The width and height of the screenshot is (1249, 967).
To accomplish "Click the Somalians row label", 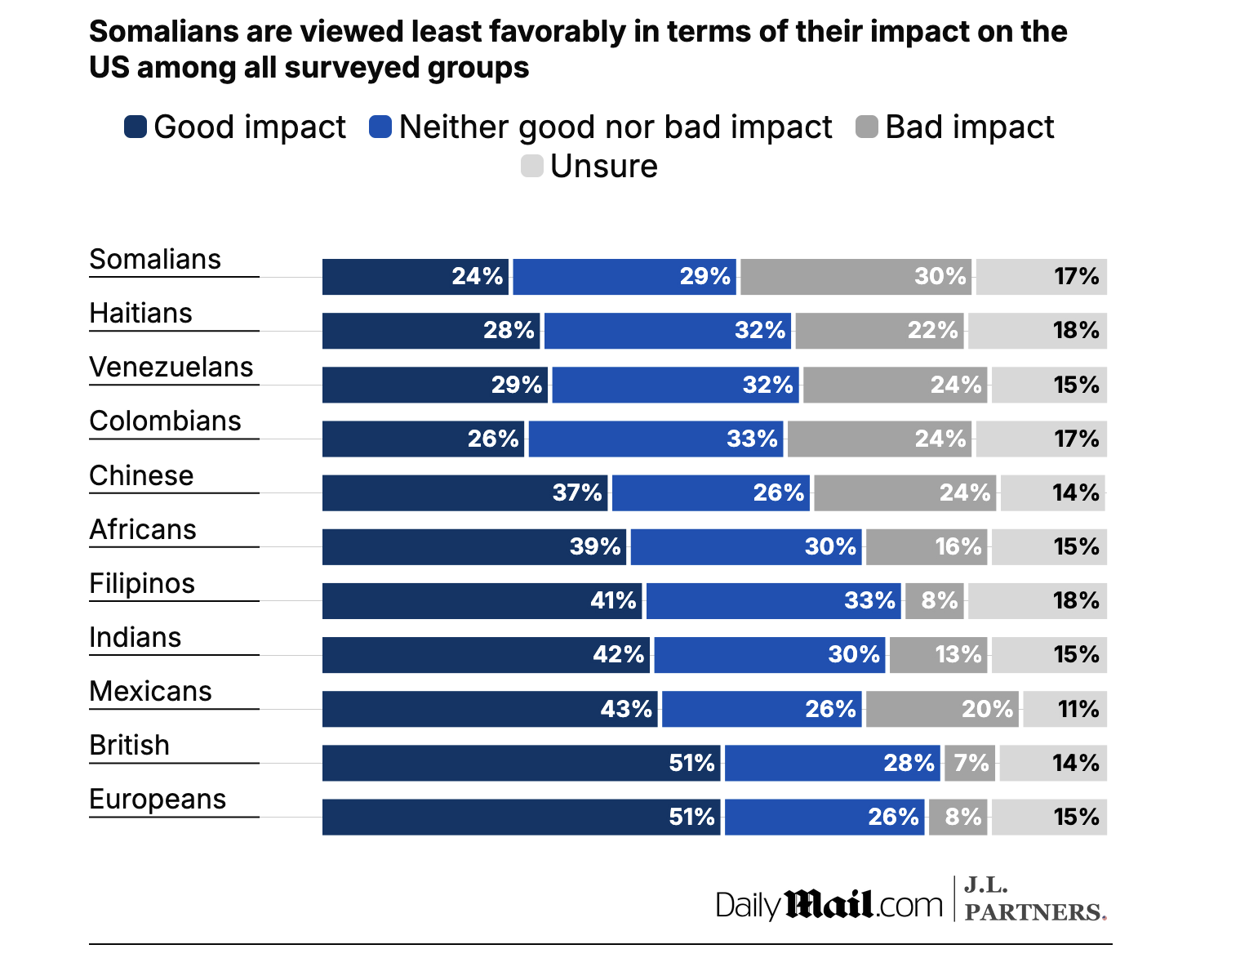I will [155, 260].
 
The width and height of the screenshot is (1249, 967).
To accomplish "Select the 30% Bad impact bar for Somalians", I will [856, 277].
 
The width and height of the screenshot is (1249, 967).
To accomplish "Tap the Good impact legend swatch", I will [136, 127].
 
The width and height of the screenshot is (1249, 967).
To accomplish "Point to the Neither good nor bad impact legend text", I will [616, 127].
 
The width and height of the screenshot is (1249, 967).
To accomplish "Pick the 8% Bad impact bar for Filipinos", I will [935, 601].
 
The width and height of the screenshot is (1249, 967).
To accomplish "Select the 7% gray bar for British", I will [970, 763].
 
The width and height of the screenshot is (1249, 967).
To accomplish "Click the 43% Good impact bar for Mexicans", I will [491, 709].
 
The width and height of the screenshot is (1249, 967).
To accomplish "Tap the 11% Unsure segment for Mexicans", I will [1065, 709].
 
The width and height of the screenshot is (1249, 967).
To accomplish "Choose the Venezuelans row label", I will [171, 368].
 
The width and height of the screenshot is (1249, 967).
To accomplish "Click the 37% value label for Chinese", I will [577, 492].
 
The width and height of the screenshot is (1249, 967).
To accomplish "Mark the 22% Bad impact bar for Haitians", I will [879, 331].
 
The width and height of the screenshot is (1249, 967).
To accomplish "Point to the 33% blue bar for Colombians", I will [656, 439].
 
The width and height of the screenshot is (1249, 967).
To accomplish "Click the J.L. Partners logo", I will [1034, 899].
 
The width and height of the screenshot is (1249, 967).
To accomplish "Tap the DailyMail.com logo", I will [829, 905].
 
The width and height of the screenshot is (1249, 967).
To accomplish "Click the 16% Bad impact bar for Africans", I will [927, 547].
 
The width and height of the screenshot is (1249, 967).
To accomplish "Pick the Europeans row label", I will [158, 800].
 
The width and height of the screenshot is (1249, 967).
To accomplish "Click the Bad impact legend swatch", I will [867, 127].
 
